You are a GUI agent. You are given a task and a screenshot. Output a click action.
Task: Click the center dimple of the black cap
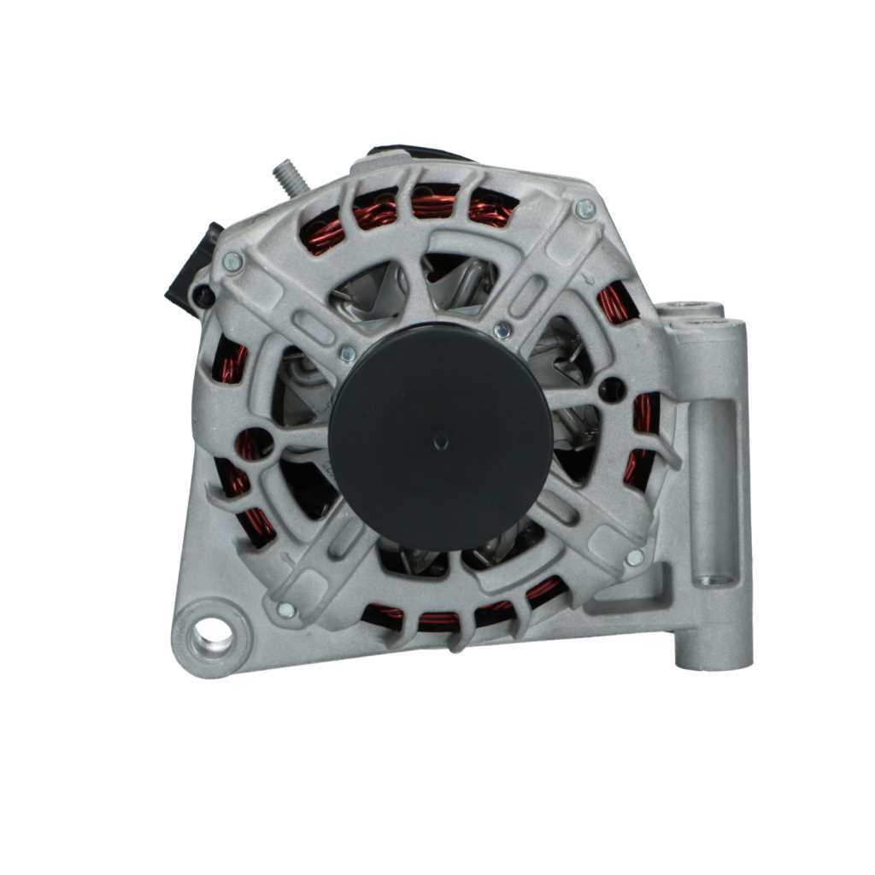point(441,441)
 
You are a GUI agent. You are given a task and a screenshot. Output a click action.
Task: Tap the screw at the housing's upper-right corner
point(584,208)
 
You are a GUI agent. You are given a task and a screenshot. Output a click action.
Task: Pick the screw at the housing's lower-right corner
point(634,557)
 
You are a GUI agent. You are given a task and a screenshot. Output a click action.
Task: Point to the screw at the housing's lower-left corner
point(286,609)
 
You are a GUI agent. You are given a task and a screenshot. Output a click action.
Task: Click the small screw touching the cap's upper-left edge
point(348,352)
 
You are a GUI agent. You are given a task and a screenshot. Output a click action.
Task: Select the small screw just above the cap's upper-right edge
point(502,329)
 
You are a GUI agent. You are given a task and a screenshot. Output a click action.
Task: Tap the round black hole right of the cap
point(612,390)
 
